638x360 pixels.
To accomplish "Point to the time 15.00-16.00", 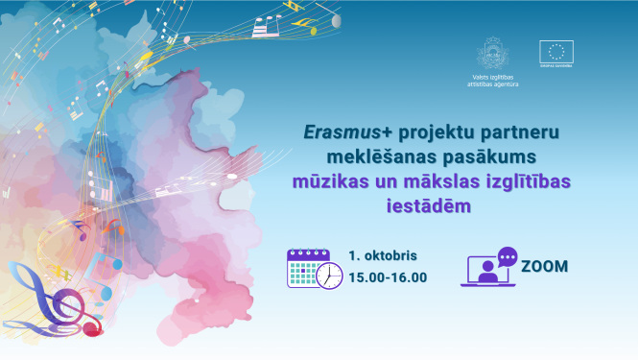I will pyautogui.click(x=388, y=277).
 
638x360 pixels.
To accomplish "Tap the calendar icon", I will pyautogui.click(x=309, y=268).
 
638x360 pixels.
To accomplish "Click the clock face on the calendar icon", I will pyautogui.click(x=329, y=276).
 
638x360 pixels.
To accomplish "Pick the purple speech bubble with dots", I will pyautogui.click(x=507, y=256).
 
